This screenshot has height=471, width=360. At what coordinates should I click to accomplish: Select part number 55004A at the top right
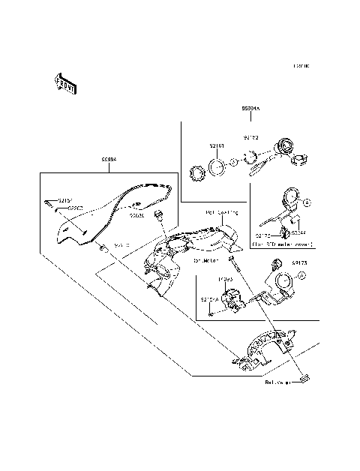250,109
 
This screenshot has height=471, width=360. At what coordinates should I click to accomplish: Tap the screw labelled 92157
48,202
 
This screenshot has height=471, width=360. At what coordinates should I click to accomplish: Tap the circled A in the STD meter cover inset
306,203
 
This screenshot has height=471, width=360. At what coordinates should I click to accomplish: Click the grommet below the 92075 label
158,217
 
